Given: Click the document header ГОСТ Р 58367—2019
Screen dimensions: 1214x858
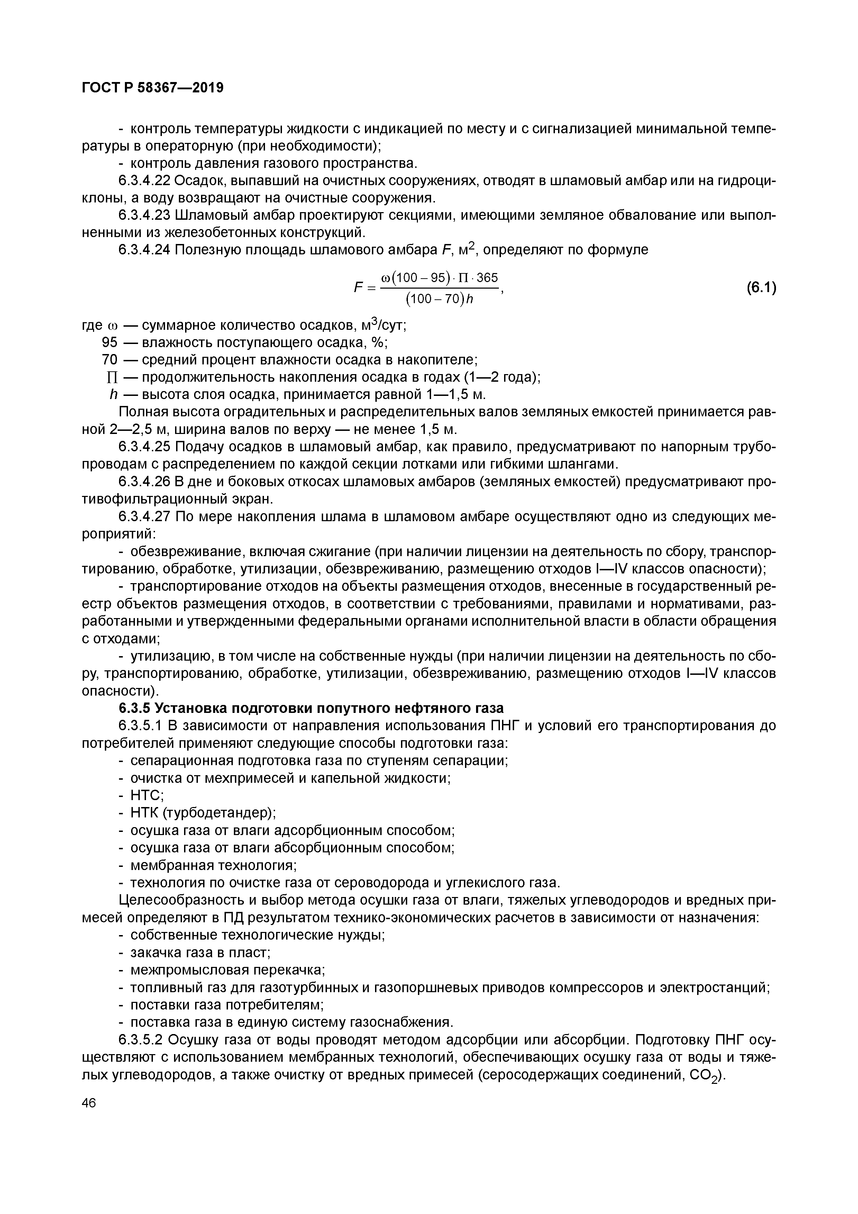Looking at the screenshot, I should pyautogui.click(x=153, y=88).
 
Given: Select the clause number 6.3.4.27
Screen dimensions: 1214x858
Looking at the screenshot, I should pyautogui.click(x=144, y=516).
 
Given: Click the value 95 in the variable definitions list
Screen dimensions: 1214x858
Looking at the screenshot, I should pyautogui.click(x=109, y=343).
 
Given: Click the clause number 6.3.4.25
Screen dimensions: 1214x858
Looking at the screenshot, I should pyautogui.click(x=144, y=447).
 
